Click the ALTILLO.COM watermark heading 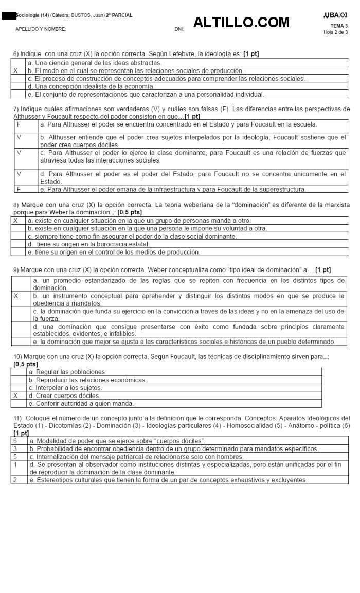click(x=241, y=23)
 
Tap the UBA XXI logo click(x=335, y=15)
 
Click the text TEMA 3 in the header click(x=339, y=26)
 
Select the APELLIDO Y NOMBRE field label click(x=41, y=29)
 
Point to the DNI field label click(x=179, y=29)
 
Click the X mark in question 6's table click(x=16, y=70)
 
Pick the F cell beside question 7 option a click(x=19, y=124)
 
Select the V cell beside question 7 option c click(x=19, y=153)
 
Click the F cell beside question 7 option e click(x=19, y=189)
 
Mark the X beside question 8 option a click(x=16, y=221)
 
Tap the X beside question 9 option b click(x=16, y=296)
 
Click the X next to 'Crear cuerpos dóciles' click(x=16, y=396)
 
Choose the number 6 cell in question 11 click(x=15, y=441)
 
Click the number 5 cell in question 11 click(x=15, y=457)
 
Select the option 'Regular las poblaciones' click(x=67, y=372)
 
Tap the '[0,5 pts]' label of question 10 click(x=26, y=364)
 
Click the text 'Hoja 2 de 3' click(x=335, y=32)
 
